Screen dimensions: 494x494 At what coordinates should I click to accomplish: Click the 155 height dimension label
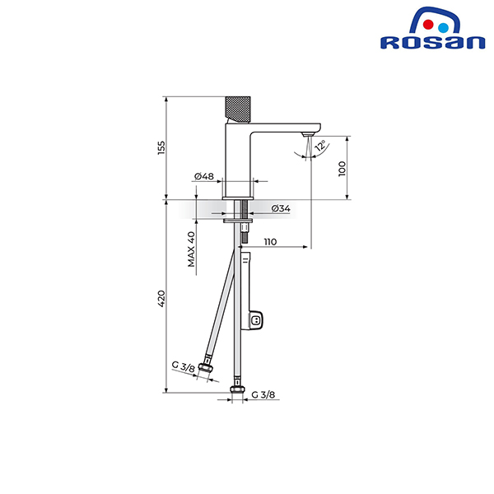coord(161,147)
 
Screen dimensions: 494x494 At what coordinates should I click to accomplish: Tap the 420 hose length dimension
coord(161,299)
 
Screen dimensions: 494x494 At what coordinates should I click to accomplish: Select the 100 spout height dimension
coord(342,169)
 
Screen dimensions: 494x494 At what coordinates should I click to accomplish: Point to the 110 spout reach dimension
coord(270,241)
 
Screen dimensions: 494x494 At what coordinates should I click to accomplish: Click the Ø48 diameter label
coord(204,176)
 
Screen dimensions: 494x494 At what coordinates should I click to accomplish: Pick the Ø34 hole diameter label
coord(281,208)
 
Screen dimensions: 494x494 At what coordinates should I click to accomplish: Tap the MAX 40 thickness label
coord(192,249)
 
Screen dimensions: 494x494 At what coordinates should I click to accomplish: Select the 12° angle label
coord(320,146)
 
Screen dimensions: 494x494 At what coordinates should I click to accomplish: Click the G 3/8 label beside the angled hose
coord(184,366)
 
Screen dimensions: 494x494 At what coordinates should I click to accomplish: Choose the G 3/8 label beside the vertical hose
coord(263,394)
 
